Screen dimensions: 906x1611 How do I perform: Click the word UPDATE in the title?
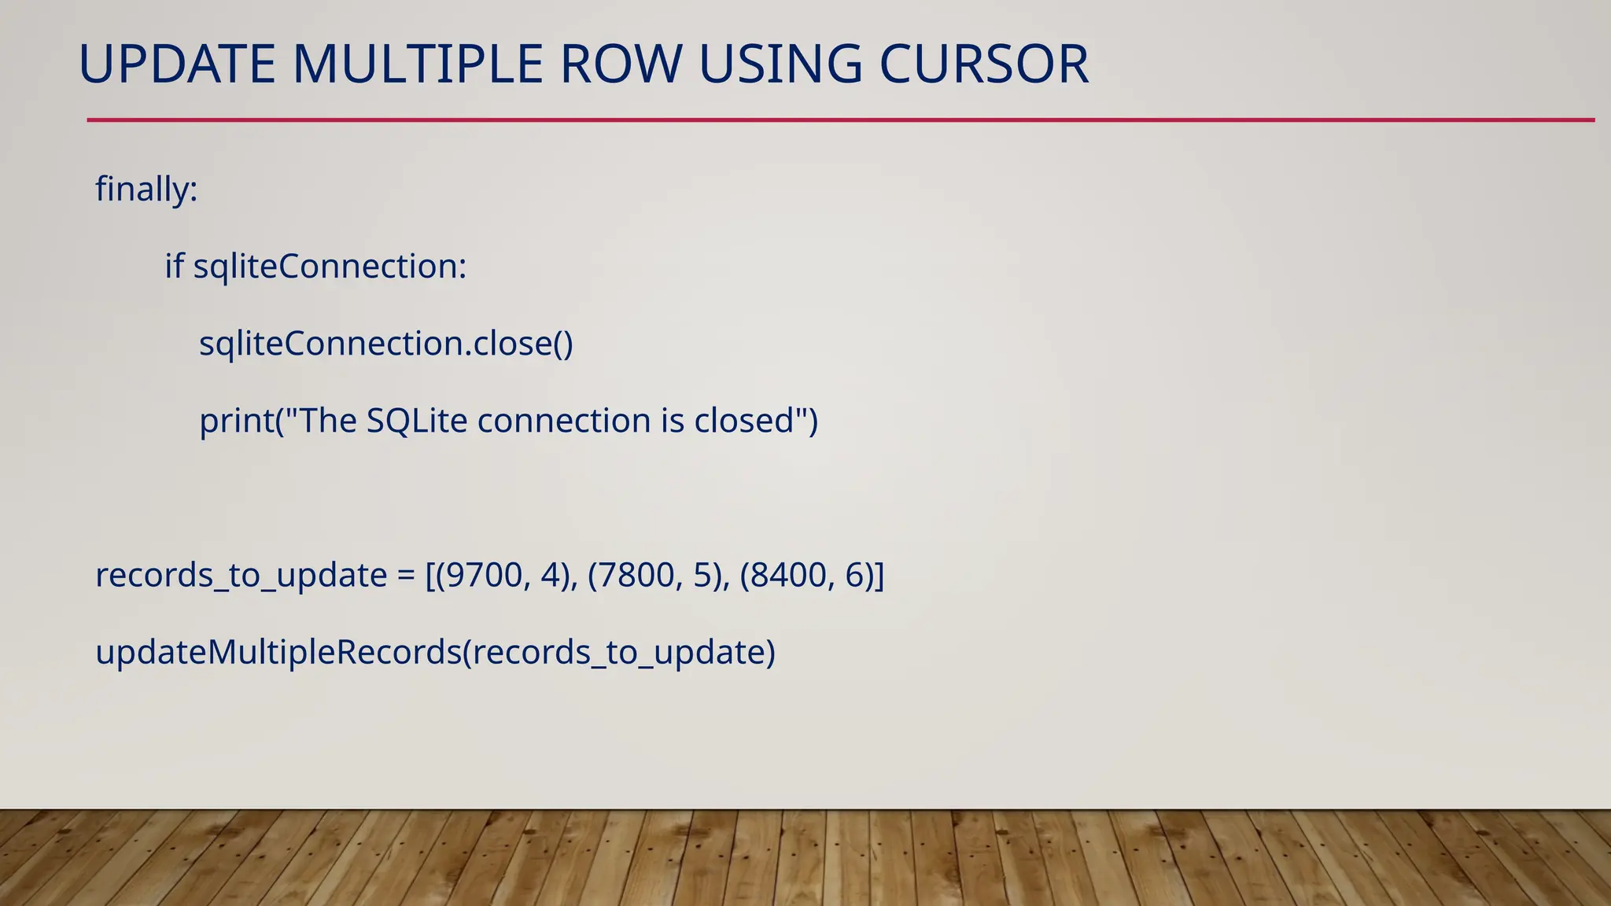(x=177, y=64)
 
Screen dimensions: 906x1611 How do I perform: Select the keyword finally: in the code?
(x=146, y=190)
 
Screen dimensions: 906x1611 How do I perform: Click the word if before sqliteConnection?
(x=174, y=267)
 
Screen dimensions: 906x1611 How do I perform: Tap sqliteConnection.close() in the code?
(x=386, y=344)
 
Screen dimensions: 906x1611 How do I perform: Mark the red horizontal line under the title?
(x=840, y=120)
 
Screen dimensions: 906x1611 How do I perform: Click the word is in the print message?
(x=673, y=421)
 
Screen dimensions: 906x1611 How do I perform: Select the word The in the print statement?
(x=328, y=421)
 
